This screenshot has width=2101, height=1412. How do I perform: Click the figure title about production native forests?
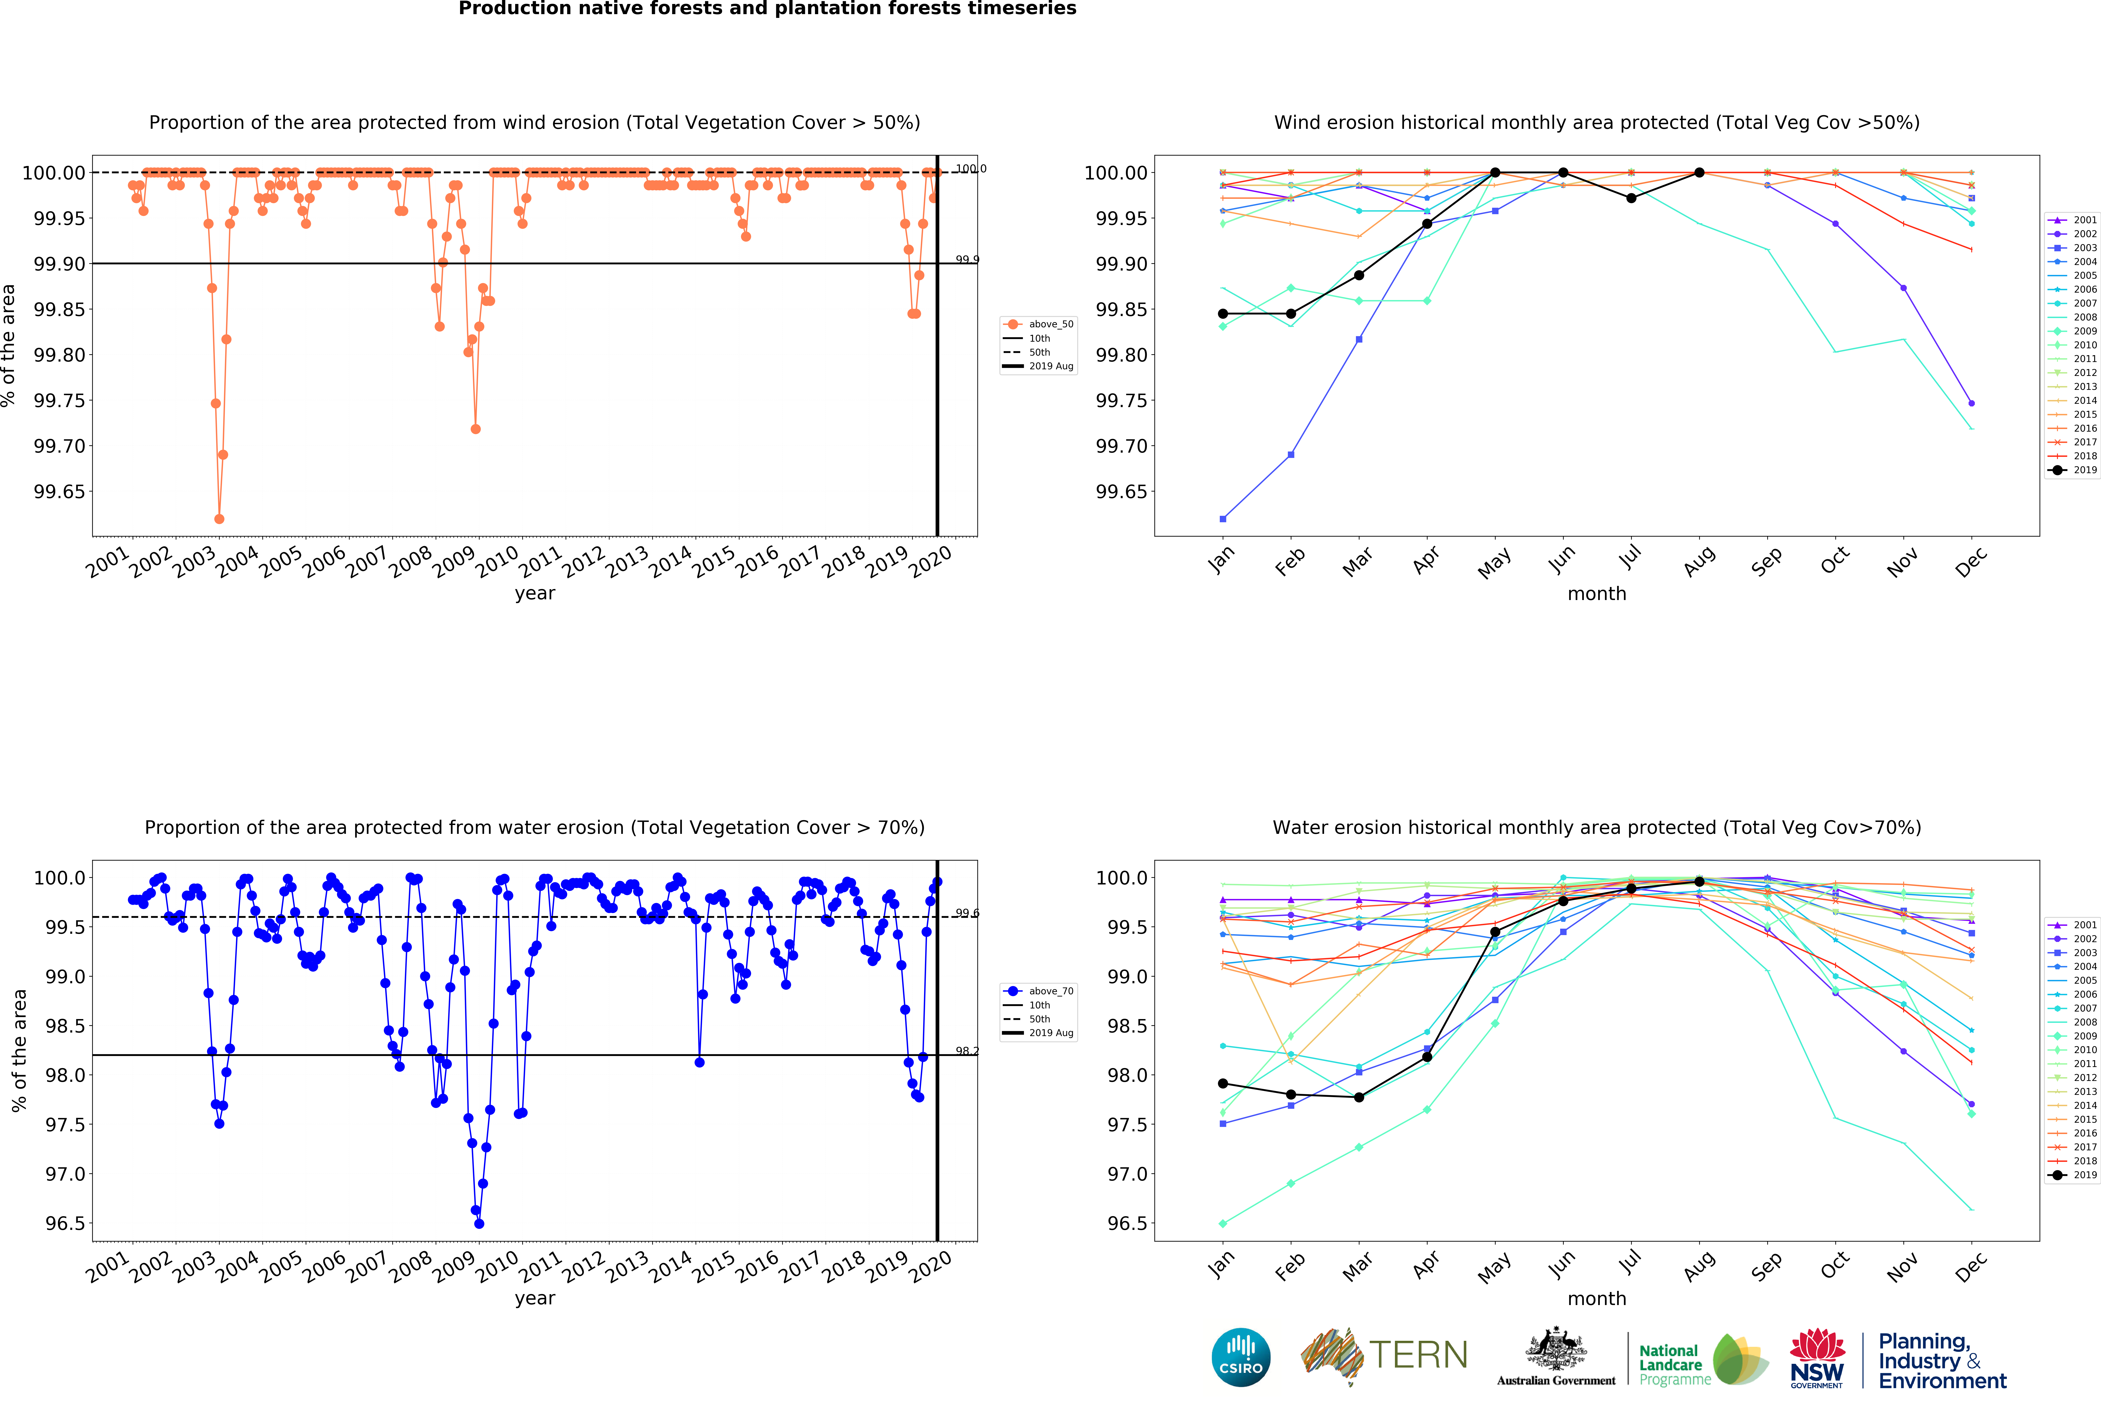pyautogui.click(x=767, y=9)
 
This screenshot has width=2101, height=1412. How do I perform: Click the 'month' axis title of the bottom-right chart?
pyautogui.click(x=1597, y=1299)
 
